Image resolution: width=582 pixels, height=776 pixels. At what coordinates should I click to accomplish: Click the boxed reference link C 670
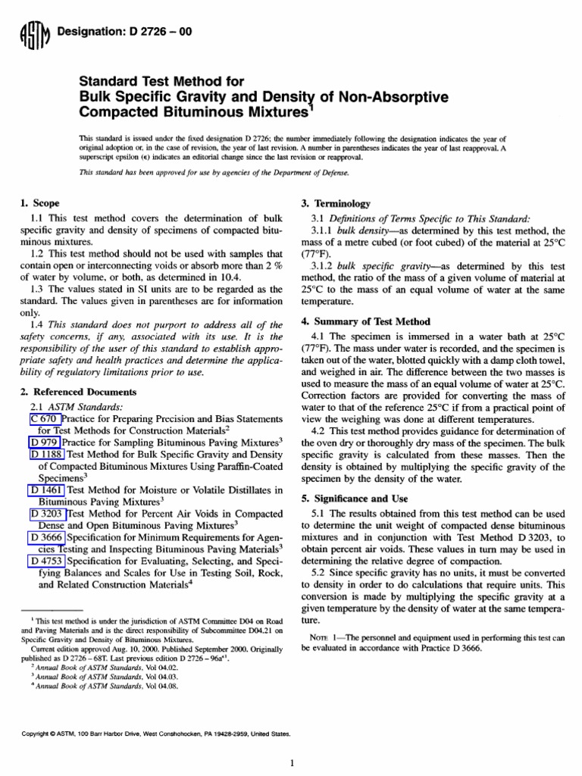point(43,419)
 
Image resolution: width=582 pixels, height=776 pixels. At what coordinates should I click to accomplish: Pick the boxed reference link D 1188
point(48,455)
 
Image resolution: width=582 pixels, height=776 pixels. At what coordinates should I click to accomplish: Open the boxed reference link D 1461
point(48,490)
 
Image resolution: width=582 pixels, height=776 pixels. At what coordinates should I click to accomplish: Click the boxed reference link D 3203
point(48,514)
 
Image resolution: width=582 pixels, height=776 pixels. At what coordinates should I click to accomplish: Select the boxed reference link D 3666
point(48,537)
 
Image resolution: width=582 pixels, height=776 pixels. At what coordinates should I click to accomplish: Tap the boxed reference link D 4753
point(48,561)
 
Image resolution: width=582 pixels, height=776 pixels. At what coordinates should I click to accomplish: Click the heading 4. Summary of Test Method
point(366,321)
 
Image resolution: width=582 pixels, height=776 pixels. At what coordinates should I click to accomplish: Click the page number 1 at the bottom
point(291,762)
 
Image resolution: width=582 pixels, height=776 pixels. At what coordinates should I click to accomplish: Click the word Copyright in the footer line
point(35,734)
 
